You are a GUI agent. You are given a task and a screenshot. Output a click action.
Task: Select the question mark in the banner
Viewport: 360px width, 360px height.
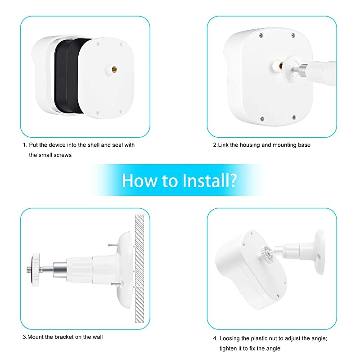pyautogui.click(x=233, y=180)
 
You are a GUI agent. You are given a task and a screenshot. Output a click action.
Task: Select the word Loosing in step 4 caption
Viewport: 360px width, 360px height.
pyautogui.click(x=232, y=338)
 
